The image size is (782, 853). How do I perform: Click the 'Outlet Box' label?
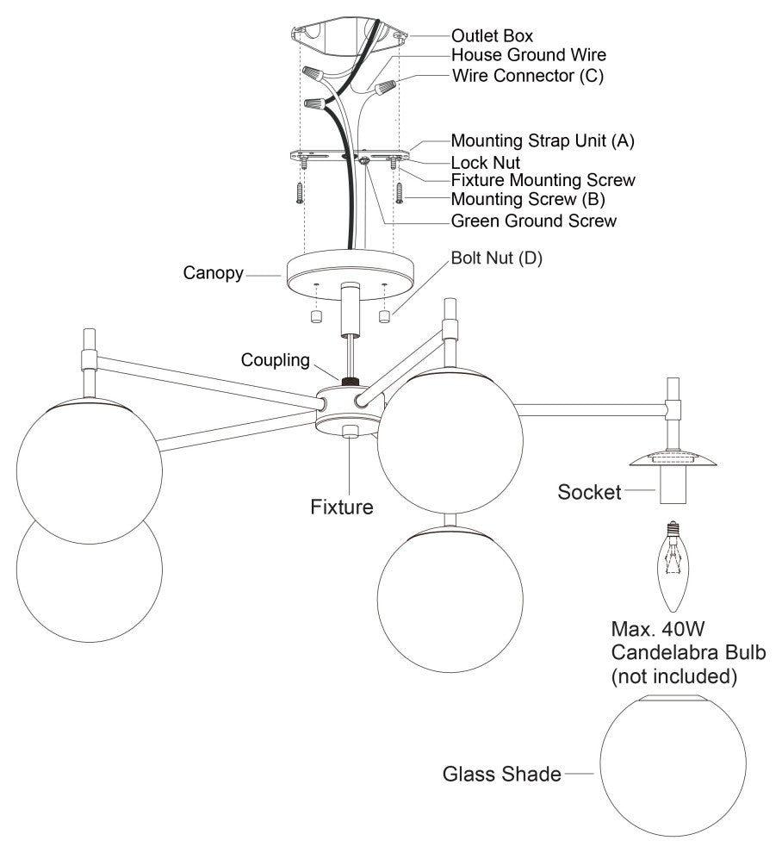pos(492,36)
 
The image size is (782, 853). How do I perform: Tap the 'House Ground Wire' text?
pos(523,55)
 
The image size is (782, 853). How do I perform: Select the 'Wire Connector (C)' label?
pos(528,75)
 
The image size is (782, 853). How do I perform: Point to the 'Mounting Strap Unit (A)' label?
pos(543,141)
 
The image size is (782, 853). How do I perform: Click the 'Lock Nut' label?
pos(486,161)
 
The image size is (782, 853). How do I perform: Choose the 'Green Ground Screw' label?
pos(534,221)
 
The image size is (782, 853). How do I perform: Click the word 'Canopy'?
pos(211,274)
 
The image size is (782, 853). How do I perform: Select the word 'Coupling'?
pos(275,360)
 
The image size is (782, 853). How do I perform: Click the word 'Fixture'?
pos(342,507)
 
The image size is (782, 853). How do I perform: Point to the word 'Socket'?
pos(589,493)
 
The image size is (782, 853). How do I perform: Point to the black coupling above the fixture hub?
pos(350,381)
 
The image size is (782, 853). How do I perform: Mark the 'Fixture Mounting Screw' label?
pos(543,180)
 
